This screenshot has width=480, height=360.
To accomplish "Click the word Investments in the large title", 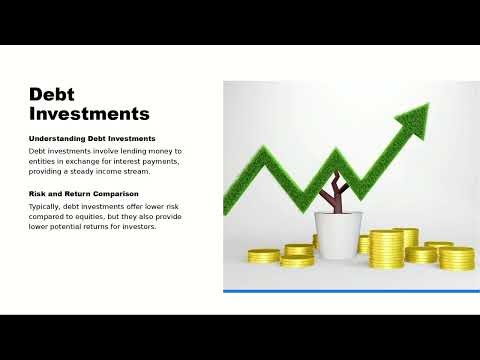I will coord(89,113).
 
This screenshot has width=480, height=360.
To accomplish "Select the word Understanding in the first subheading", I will coord(55,138).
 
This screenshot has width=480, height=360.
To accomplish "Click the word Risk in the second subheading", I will coord(38,193).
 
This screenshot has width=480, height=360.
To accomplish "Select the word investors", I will coord(138,225).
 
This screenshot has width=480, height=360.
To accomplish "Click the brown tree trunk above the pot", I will coord(336,199).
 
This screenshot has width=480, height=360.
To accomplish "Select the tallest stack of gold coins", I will coord(385,248).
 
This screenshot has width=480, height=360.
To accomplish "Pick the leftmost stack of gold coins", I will coord(264,256).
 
